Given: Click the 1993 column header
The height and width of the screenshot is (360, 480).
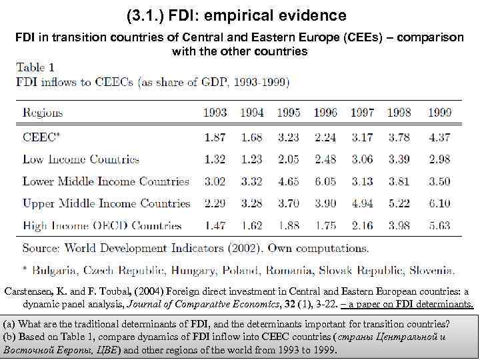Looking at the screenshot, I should (x=215, y=113).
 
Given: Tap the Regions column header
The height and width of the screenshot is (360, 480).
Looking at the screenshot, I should (x=51, y=113).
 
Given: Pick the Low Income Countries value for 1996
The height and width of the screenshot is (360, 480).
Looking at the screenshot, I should (x=325, y=159).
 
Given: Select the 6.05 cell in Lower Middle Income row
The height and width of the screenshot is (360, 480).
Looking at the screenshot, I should (x=325, y=181).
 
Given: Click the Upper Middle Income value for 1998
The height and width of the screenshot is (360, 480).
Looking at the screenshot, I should (x=399, y=203).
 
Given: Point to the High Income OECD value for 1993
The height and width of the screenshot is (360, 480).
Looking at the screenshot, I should (x=215, y=226).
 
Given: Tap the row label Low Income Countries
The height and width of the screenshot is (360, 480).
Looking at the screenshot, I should (x=81, y=159).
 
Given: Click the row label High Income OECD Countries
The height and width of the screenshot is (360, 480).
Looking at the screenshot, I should (x=102, y=226).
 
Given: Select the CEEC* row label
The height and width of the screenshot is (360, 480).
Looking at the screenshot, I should (x=41, y=137).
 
